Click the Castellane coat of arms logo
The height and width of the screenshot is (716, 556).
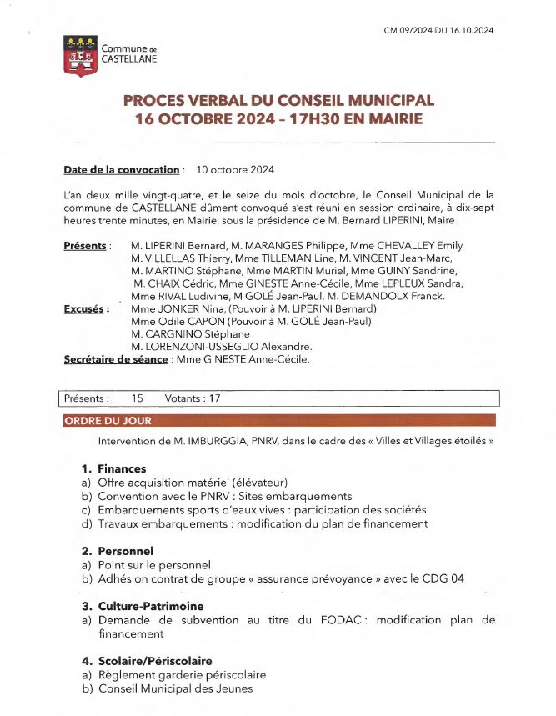point(79,56)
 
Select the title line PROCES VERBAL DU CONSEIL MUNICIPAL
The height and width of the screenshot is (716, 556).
point(278,100)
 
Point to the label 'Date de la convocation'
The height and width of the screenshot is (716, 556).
point(122,170)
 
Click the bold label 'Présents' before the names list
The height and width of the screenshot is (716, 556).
point(85,246)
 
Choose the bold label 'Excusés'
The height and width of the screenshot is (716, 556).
point(87,308)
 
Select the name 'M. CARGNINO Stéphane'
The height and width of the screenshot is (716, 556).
point(191,334)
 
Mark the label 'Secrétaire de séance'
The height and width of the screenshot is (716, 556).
point(115,360)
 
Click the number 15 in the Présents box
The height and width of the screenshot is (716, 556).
point(138,398)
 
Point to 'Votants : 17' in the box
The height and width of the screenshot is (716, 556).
point(193,398)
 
